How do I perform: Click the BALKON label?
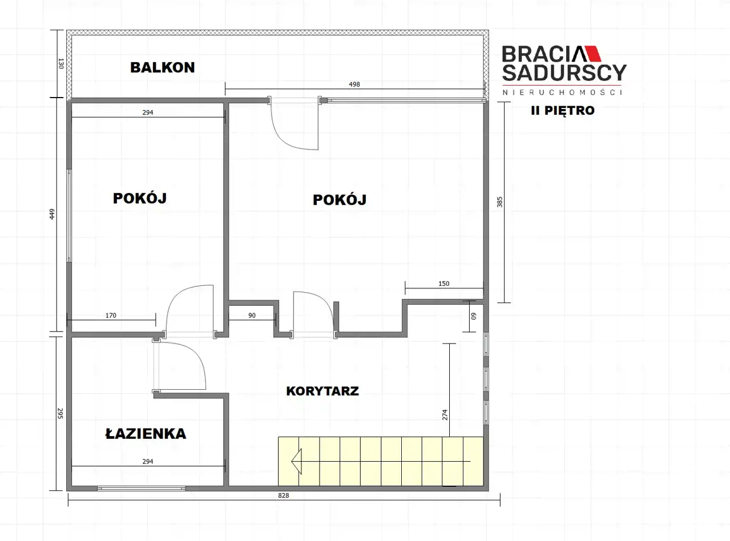[162, 67]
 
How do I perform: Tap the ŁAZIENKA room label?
[146, 433]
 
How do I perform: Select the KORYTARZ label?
[322, 391]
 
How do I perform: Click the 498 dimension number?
[354, 84]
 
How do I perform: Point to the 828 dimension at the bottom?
[283, 495]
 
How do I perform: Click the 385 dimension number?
[499, 202]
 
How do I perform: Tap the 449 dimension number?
[52, 214]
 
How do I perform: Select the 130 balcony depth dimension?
[61, 63]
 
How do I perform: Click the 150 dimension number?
[443, 283]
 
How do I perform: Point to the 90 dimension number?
[252, 315]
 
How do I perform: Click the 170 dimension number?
[111, 315]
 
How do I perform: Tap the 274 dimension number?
[445, 415]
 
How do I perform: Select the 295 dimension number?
[61, 414]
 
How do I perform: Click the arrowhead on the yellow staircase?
[297, 461]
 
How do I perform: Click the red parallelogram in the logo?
[592, 54]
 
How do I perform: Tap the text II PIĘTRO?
[563, 111]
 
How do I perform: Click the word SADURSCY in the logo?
[564, 72]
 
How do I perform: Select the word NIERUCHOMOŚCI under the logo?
[562, 92]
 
